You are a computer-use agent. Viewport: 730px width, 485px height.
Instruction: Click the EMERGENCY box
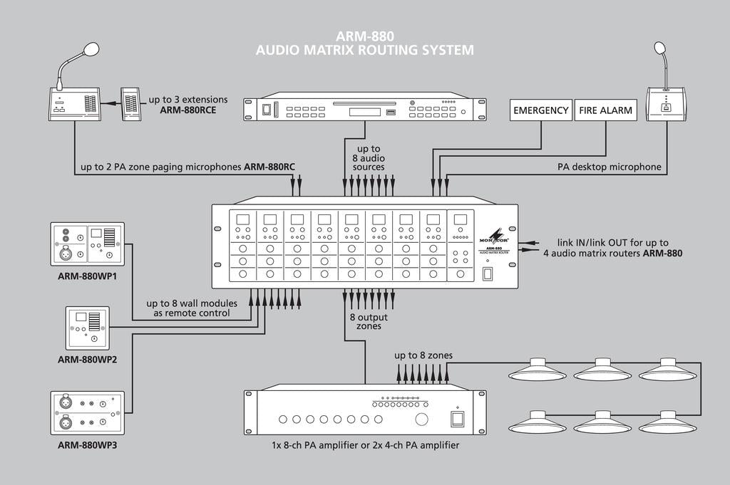tap(541, 110)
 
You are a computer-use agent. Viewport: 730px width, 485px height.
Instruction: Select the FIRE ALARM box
tap(605, 110)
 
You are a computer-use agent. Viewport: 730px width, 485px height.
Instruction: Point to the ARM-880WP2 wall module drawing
tap(87, 328)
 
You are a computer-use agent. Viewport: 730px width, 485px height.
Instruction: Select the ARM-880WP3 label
tap(87, 445)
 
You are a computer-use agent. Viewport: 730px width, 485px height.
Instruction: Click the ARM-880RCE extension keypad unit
tap(130, 104)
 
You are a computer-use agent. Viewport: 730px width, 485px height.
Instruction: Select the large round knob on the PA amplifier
tap(423, 419)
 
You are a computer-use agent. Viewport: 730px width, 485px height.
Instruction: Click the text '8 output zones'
tap(369, 321)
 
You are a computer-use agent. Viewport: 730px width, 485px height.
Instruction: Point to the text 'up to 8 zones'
tap(423, 355)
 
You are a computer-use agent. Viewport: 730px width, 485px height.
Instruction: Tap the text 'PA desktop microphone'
tap(609, 168)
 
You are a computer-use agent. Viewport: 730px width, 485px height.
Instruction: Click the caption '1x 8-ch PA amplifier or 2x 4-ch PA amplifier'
tap(365, 445)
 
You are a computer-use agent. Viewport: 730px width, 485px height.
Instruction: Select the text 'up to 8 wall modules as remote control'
tap(187, 308)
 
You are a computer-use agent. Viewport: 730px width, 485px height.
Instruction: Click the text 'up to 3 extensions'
tap(188, 99)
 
